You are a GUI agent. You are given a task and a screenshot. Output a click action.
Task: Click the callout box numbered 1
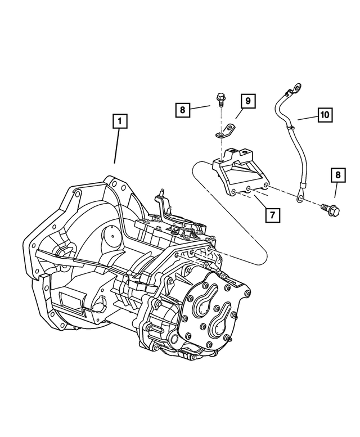coord(120,120)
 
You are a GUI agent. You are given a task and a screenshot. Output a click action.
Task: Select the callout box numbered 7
coord(271,214)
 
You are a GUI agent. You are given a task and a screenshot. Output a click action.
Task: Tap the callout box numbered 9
coord(247,101)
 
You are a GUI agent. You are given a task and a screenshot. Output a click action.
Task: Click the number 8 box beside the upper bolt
coord(182,110)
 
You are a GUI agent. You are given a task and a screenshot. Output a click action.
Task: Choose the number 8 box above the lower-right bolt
coord(337,175)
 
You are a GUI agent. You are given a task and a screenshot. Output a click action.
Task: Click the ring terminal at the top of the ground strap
coord(295,88)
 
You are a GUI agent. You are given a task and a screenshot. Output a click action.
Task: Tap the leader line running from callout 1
coord(117,146)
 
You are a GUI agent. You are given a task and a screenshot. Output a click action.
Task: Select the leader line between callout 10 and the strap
coord(307,118)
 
